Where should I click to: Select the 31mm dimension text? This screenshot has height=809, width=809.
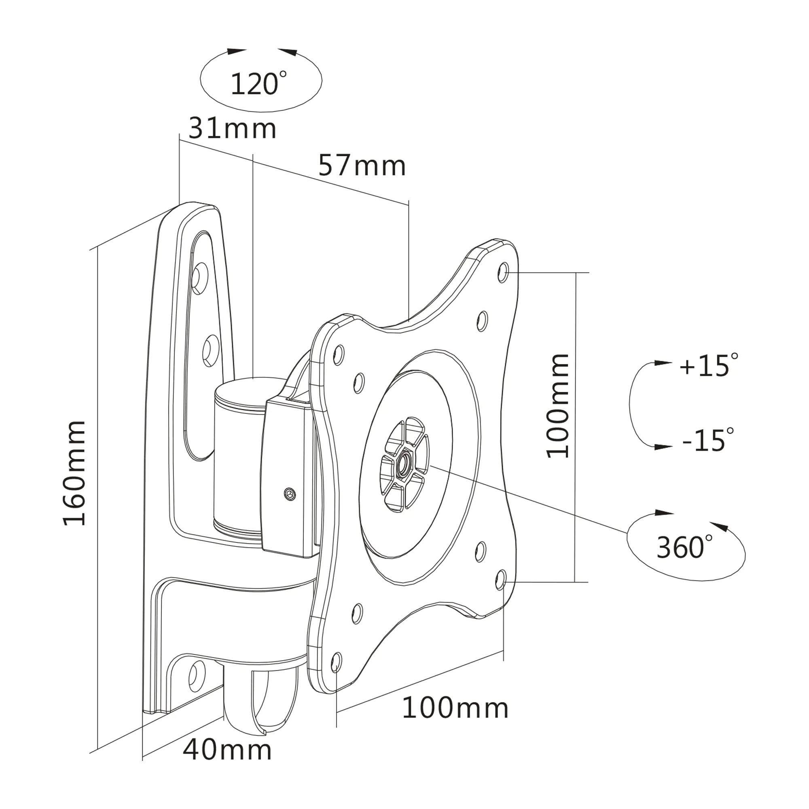[233, 129]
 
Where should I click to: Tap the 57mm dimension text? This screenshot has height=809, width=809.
[362, 166]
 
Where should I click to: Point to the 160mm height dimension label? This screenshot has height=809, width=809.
[74, 474]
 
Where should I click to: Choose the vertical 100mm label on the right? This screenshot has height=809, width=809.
[558, 406]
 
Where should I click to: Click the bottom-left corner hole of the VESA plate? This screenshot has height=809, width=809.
[336, 661]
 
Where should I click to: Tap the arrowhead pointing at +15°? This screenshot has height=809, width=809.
[663, 363]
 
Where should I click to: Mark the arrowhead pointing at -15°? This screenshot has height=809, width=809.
[663, 447]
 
